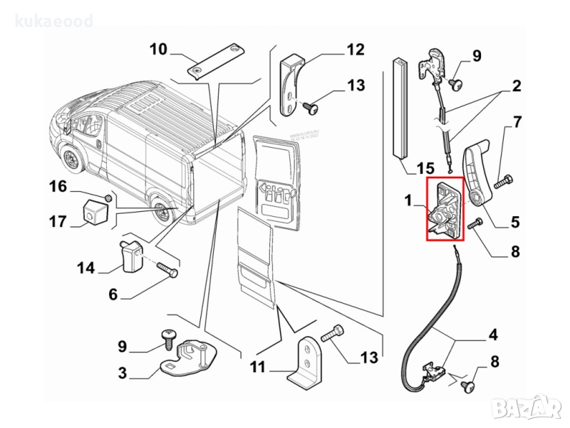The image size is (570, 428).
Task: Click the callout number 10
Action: pyautogui.click(x=157, y=49)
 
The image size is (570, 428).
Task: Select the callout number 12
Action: pyautogui.click(x=355, y=49)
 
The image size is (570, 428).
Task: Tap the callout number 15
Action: pyautogui.click(x=425, y=168)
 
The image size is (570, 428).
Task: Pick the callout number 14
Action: pyautogui.click(x=86, y=267)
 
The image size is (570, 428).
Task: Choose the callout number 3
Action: pyautogui.click(x=122, y=372)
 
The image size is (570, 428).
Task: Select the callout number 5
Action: pyautogui.click(x=515, y=222)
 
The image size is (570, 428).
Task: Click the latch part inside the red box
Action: pyautogui.click(x=444, y=210)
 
